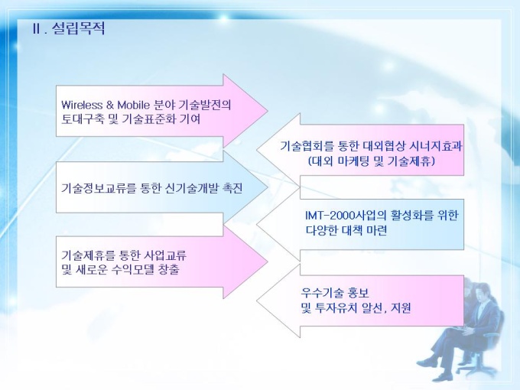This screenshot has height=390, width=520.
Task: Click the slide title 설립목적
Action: point(79,28)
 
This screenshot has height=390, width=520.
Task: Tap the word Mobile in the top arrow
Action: point(134,105)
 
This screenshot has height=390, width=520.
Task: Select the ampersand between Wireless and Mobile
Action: point(110,105)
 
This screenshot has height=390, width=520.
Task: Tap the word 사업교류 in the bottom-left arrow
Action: point(165,255)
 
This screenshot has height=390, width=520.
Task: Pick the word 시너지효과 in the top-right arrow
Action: point(436,146)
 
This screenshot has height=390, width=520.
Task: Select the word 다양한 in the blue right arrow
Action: point(322,230)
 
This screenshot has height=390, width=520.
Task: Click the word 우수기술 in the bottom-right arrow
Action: point(323,293)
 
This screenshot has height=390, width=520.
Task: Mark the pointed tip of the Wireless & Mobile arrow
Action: point(268,111)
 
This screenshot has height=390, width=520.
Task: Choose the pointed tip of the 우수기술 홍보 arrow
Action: point(257,301)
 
